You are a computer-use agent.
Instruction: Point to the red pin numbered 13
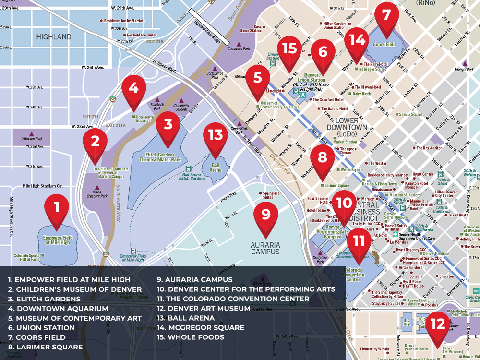tap(216, 135)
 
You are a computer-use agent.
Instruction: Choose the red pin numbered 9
tap(266, 213)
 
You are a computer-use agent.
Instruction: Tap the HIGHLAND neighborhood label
tap(54, 37)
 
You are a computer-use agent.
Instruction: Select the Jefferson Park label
tap(32, 139)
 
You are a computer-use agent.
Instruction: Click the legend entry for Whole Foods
tap(191, 337)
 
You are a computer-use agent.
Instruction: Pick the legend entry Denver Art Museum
tap(204, 308)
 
